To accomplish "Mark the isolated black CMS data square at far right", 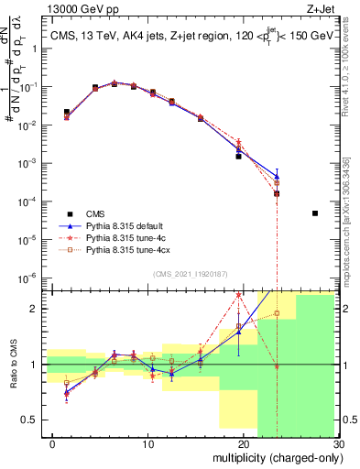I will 314,213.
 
